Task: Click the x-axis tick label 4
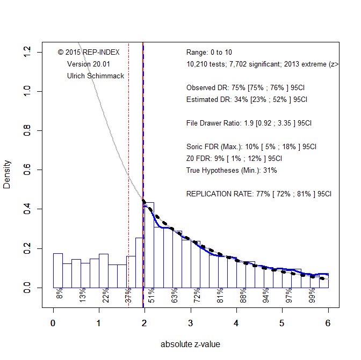pyautogui.click(x=236, y=324)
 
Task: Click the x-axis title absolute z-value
pyautogui.click(x=190, y=344)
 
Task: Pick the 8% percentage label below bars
pyautogui.click(x=60, y=294)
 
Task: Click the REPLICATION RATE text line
pyautogui.click(x=259, y=194)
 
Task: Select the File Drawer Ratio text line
pyautogui.click(x=249, y=123)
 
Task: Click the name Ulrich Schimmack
pyautogui.click(x=96, y=76)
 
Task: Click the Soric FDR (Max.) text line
pyautogui.click(x=251, y=146)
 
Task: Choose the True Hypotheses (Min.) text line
pyautogui.click(x=232, y=170)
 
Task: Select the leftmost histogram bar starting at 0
pyautogui.click(x=58, y=270)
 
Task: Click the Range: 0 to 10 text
pyautogui.click(x=209, y=53)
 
